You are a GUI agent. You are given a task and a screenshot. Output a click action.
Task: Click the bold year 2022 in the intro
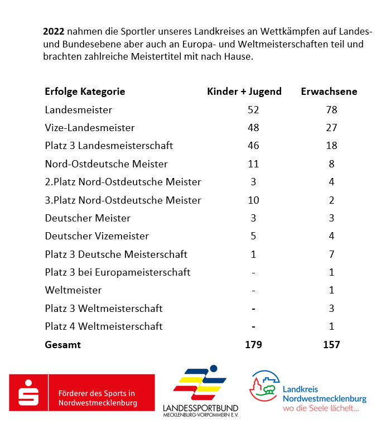54,31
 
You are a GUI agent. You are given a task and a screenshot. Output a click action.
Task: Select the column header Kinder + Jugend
244,92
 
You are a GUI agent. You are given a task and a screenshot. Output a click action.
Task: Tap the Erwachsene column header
329,92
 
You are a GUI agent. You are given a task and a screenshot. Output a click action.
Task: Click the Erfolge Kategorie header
85,92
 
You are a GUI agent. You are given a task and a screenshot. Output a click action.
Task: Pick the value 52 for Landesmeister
253,110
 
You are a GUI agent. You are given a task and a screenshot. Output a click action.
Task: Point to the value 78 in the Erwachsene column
331,110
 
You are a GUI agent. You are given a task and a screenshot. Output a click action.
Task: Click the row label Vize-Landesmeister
90,128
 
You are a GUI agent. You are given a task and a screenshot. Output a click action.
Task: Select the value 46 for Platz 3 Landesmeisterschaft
253,146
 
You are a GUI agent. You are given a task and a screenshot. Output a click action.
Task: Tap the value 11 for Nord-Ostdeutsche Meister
253,164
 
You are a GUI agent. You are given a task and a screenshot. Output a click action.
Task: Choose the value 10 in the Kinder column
253,200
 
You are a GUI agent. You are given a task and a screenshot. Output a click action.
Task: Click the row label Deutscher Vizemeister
97,236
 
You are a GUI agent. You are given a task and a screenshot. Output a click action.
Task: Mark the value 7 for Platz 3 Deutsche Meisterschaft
331,254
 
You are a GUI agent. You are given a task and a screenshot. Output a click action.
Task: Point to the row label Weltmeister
74,290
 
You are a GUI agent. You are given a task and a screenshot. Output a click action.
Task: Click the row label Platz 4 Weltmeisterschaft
104,326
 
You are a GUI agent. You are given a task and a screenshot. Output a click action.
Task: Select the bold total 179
253,345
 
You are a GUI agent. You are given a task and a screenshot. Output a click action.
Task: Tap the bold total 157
331,345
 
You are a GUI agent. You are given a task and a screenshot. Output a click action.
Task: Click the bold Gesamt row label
63,345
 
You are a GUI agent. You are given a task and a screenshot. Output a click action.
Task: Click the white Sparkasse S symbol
28,393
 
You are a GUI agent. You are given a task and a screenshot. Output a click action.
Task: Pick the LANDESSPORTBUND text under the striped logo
201,408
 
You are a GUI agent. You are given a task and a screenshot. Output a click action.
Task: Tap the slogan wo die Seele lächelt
321,408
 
